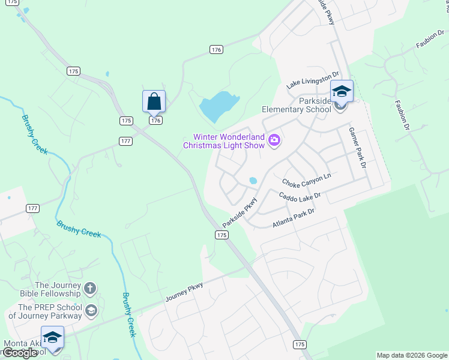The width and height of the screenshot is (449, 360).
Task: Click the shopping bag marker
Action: (x=154, y=101)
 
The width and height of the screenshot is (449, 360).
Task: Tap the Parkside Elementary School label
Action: (x=297, y=105)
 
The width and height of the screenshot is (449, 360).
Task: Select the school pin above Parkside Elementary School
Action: (x=342, y=92)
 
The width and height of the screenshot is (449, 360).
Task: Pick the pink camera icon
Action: (x=275, y=140)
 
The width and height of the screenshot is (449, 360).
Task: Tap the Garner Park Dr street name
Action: (x=358, y=148)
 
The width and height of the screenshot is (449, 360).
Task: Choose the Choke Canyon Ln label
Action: (x=306, y=179)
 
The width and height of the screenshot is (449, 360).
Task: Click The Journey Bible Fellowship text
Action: (x=58, y=289)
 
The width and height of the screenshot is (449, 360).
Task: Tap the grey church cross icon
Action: (x=90, y=289)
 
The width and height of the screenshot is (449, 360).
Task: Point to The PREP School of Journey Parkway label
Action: (x=46, y=311)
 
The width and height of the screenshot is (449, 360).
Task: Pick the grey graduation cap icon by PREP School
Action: (x=91, y=311)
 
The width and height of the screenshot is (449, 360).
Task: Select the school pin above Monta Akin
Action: (x=52, y=337)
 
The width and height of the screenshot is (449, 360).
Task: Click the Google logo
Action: (x=20, y=353)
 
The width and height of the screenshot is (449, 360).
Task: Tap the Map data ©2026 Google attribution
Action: (x=412, y=355)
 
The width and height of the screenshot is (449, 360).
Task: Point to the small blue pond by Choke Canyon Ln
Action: (x=253, y=180)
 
